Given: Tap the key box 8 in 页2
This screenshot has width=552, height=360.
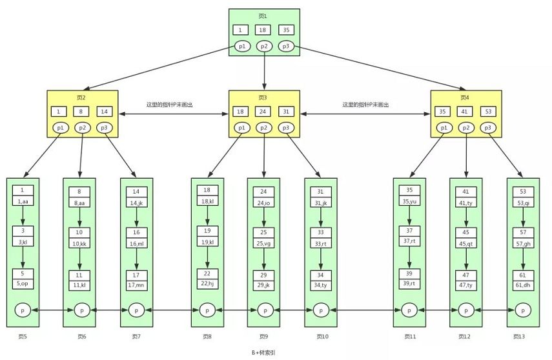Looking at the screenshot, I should pos(82,111).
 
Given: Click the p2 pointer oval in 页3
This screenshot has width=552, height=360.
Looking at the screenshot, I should pos(263,128).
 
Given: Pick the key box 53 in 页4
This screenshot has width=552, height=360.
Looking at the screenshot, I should pos(487,111).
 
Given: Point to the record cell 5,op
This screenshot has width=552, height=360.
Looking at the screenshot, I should pos(23,283).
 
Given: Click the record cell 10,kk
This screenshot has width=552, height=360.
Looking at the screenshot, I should pos(79,243).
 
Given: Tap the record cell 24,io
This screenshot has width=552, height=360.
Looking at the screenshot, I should pos(263,203).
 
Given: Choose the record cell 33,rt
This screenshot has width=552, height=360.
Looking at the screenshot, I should pos(321,243).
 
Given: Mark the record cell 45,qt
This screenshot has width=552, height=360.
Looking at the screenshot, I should pos(465,243).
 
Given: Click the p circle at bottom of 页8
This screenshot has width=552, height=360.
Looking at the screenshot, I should pos(207,310).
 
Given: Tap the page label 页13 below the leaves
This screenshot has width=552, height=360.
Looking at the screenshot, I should pos(518,336).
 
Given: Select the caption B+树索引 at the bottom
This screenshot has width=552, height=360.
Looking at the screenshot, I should pos(264,352).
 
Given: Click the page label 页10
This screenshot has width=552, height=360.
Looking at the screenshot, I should pos(322,336).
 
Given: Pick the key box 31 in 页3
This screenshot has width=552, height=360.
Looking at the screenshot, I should pos(285,111).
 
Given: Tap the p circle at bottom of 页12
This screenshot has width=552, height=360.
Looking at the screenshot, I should pos(465,310).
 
